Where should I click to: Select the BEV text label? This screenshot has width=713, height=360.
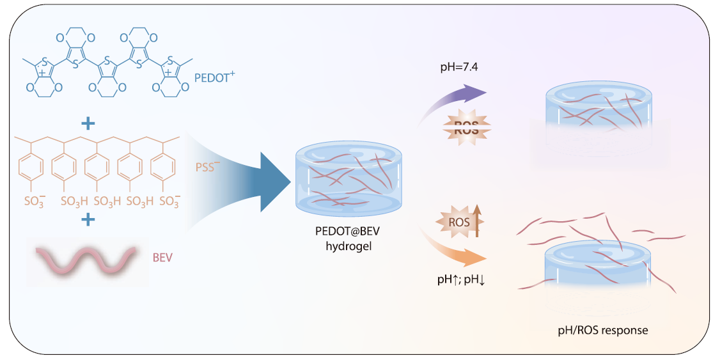click(x=162, y=258)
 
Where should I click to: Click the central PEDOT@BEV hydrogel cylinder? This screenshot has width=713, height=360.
click(x=349, y=178)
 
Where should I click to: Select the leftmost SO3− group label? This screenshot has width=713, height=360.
click(x=35, y=201)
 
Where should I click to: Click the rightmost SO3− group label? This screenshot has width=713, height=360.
click(x=168, y=201)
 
